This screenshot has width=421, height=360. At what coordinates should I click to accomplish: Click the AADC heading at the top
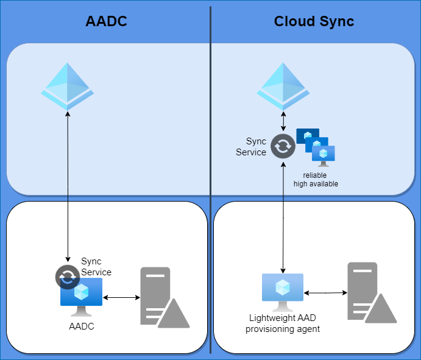(x=107, y=22)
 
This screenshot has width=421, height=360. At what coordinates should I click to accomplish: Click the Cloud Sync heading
(x=314, y=22)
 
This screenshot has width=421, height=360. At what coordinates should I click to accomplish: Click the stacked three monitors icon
(x=316, y=147)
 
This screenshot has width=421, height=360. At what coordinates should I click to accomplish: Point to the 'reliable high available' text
(x=315, y=180)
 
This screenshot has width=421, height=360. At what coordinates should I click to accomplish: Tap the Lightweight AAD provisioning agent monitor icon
(x=283, y=291)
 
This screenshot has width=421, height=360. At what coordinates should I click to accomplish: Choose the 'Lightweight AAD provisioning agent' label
(x=283, y=323)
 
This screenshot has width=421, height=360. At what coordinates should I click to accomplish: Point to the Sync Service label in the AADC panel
(x=96, y=267)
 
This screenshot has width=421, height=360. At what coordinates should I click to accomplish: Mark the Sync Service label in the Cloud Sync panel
(x=251, y=147)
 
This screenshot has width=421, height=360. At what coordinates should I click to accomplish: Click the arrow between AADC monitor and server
(x=121, y=298)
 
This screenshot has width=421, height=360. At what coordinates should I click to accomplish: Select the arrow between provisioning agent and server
(x=325, y=293)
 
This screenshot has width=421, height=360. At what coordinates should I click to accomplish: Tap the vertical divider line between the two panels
(x=211, y=183)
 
